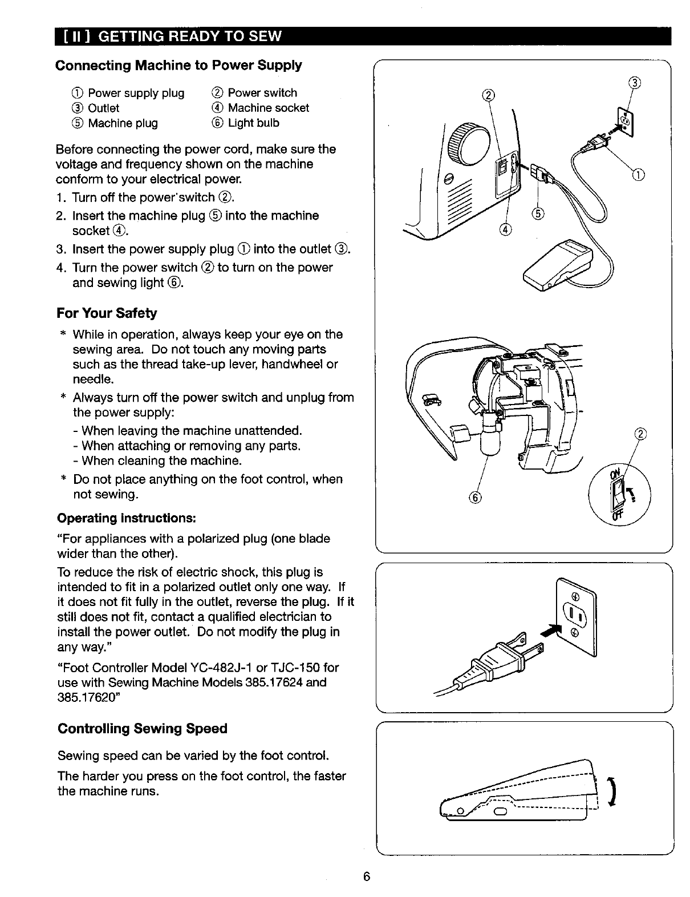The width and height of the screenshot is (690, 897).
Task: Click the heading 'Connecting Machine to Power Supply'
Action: point(178,65)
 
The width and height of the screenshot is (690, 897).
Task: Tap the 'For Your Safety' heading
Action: point(107,313)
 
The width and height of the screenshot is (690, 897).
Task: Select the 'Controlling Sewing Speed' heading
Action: point(143,729)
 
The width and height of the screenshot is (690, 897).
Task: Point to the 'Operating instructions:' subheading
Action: point(127,518)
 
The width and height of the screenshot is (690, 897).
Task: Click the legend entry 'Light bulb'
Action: point(253,123)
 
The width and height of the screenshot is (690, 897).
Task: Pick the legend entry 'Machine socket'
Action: point(268,108)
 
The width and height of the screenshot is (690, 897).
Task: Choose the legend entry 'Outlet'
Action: point(103,108)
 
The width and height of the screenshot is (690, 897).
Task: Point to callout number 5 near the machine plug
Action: point(538,214)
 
